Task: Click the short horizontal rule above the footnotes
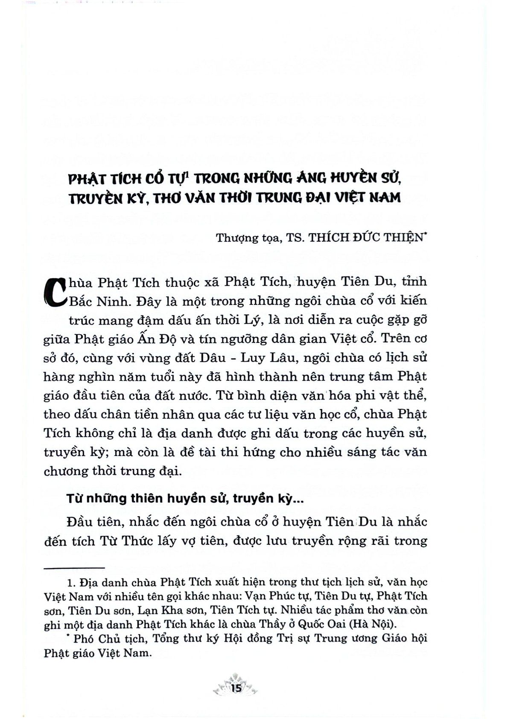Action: (74, 567)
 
